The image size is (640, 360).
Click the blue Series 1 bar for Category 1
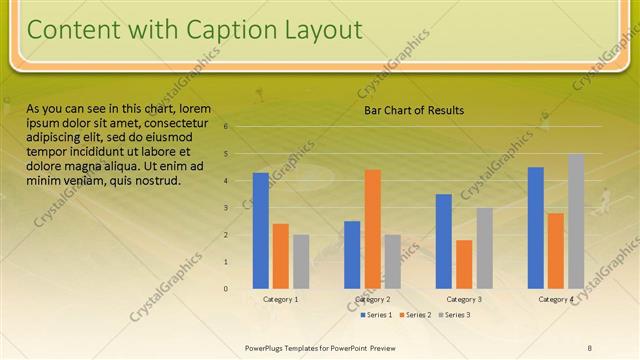261,231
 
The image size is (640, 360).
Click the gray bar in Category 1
301,262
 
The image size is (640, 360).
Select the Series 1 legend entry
376,315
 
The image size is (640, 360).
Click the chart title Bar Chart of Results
413,111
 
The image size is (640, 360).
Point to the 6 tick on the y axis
227,127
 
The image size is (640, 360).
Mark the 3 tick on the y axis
227,208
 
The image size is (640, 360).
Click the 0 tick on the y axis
227,289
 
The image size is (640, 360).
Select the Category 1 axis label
281,299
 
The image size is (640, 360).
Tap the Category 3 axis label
464,299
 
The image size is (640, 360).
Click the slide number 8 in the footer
590,347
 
